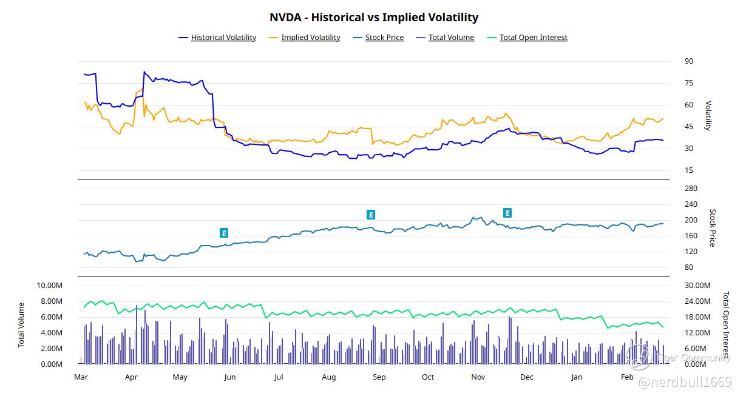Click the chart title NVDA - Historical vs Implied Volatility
pyautogui.click(x=373, y=18)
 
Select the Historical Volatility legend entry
pyautogui.click(x=223, y=38)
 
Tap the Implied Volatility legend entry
pyautogui.click(x=310, y=38)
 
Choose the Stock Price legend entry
pyautogui.click(x=384, y=38)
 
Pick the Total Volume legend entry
pyautogui.click(x=451, y=38)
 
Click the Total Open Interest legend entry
pyautogui.click(x=533, y=38)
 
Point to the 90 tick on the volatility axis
pyautogui.click(x=688, y=61)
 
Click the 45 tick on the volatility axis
pyautogui.click(x=688, y=127)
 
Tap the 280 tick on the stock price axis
pyautogui.click(x=691, y=189)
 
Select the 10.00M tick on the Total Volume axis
pyautogui.click(x=50, y=286)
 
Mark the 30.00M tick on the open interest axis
pyautogui.click(x=697, y=286)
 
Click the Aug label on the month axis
pyautogui.click(x=328, y=377)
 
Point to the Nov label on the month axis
pyautogui.click(x=478, y=377)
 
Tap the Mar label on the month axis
pyautogui.click(x=81, y=377)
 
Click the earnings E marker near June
pyautogui.click(x=224, y=233)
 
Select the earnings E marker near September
pyautogui.click(x=371, y=215)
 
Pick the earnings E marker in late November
pyautogui.click(x=507, y=213)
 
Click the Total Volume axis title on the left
pyautogui.click(x=22, y=324)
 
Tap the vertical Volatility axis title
pyautogui.click(x=707, y=116)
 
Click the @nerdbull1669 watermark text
pyautogui.click(x=685, y=382)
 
